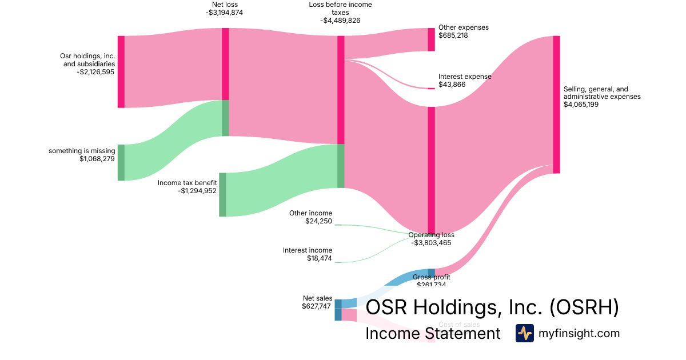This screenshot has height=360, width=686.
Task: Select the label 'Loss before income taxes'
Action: (340, 9)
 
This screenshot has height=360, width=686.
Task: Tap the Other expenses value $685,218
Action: (453, 35)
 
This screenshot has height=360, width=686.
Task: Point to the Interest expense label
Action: (465, 77)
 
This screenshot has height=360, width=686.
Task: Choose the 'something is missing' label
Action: (82, 151)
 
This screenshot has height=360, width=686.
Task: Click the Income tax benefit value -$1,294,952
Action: (197, 191)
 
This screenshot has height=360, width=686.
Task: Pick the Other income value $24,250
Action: (318, 221)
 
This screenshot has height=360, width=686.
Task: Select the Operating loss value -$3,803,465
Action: (431, 243)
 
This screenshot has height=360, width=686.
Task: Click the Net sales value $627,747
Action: (316, 306)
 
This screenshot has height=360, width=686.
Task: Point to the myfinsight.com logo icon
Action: (524, 333)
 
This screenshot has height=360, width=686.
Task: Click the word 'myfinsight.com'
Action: (579, 333)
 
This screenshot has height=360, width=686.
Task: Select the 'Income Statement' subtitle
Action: (433, 333)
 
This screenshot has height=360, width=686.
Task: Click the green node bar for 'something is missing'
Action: (121, 162)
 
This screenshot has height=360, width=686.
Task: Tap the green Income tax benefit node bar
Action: (222, 194)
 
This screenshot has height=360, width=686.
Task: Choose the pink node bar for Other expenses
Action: (432, 39)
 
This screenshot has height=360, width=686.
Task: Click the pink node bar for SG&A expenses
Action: (556, 104)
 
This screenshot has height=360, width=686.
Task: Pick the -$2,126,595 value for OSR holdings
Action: (95, 72)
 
